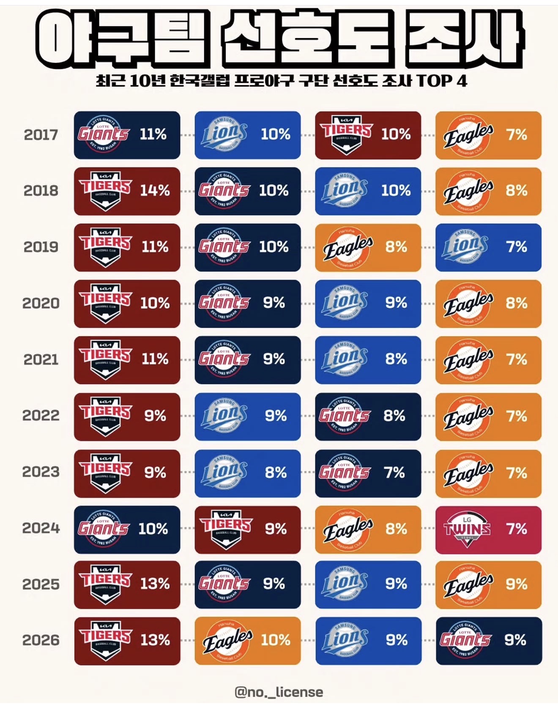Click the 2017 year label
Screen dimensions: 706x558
tap(41, 135)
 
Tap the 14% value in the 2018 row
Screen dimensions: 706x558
tap(155, 191)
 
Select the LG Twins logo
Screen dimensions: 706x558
tap(467, 529)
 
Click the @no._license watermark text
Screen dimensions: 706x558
tap(279, 692)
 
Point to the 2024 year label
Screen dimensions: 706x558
tap(41, 528)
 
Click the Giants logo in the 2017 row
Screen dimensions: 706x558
tap(103, 134)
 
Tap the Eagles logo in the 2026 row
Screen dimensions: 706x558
tap(227, 640)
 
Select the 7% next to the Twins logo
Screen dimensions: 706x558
tap(516, 529)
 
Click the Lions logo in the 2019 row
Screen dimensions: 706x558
tap(465, 247)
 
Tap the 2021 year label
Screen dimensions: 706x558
tap(41, 359)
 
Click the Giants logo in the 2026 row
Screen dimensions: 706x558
tap(465, 640)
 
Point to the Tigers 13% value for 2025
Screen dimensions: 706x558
tap(155, 584)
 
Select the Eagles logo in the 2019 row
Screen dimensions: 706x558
tap(348, 248)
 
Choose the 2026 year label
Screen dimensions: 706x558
tap(41, 640)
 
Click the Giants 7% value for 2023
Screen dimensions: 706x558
tap(394, 473)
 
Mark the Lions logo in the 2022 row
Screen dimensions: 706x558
tap(224, 416)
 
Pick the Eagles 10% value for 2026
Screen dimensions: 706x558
tap(275, 640)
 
